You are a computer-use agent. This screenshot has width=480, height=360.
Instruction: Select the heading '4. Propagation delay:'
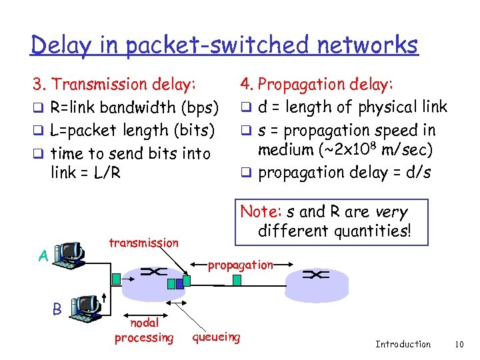coord(317,84)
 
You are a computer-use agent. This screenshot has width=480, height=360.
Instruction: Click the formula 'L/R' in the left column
coord(107,173)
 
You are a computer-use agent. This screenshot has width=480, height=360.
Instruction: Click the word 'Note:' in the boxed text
coord(261,212)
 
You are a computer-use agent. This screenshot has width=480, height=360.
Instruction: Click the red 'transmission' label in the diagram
coord(143,243)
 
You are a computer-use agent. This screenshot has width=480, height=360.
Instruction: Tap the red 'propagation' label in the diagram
coord(240,265)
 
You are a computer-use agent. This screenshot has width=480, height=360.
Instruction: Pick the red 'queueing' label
coord(216,337)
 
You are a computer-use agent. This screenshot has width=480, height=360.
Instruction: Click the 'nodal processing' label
coord(143,331)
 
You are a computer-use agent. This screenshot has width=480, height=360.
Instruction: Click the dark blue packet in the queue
coord(171,283)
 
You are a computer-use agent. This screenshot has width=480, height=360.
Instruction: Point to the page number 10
coord(459,344)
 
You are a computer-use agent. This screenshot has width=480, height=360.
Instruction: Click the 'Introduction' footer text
coord(403,344)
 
